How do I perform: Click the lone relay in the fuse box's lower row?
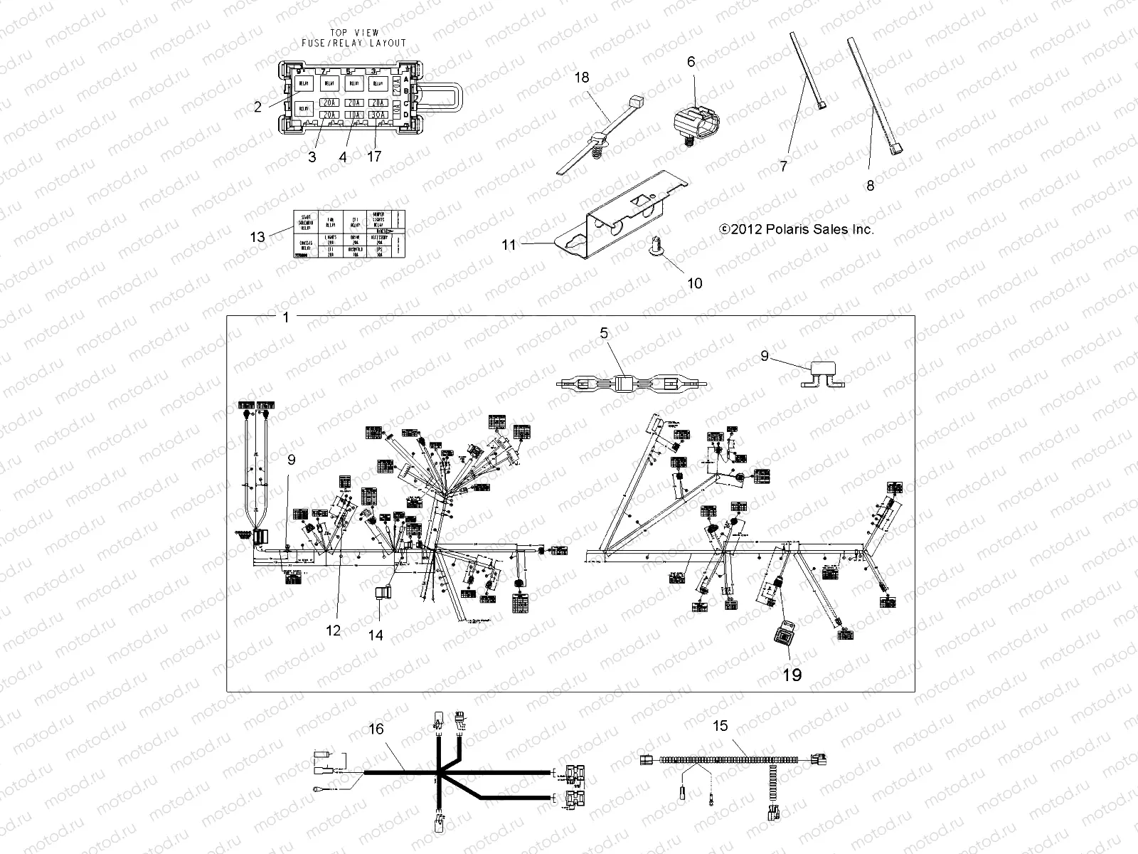point(304,109)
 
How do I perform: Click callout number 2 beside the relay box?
point(257,107)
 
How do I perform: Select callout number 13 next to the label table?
point(257,237)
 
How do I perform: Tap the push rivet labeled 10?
point(656,248)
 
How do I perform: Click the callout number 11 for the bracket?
point(509,245)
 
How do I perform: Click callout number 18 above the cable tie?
point(582,78)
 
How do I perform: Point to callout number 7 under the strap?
point(784,166)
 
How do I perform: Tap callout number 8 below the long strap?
point(870,186)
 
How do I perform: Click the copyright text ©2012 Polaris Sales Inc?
point(796,229)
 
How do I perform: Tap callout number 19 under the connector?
point(792,674)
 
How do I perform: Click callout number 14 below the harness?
point(376,634)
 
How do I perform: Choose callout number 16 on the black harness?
point(376,729)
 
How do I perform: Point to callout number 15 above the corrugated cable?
point(720,725)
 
